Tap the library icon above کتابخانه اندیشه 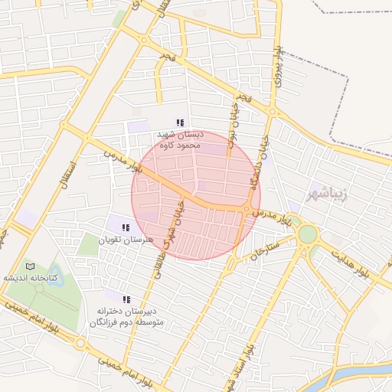point(30,266)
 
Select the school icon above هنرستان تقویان point(126,227)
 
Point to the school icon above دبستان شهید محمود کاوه point(180,122)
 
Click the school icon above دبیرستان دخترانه point(126,299)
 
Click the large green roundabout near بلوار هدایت point(307,234)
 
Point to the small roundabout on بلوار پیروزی point(272,113)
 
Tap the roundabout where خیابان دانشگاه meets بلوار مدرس point(250,209)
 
